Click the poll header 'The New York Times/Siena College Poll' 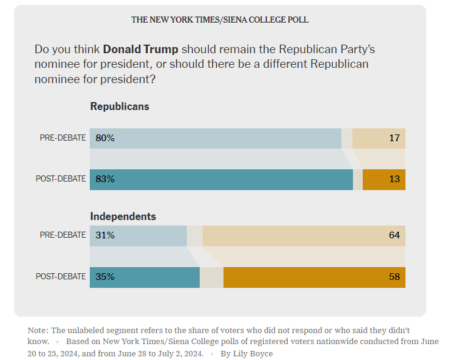point(220,20)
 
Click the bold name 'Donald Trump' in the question point(140,49)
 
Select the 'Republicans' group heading point(120,106)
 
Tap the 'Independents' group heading point(123,216)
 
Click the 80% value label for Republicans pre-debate point(105,138)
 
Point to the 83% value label point(105,180)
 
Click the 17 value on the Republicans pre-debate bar point(394,138)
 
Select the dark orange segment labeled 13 point(384,180)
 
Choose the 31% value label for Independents point(105,235)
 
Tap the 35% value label point(105,277)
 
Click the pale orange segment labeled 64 point(304,235)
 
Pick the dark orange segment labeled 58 point(314,277)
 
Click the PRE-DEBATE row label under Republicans point(63,138)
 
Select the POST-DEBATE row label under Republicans point(61,180)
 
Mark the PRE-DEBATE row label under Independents point(63,235)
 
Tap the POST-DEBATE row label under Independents point(61,277)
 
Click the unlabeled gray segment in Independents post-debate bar point(211,277)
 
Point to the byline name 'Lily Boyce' point(253,354)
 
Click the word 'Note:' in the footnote point(38,331)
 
